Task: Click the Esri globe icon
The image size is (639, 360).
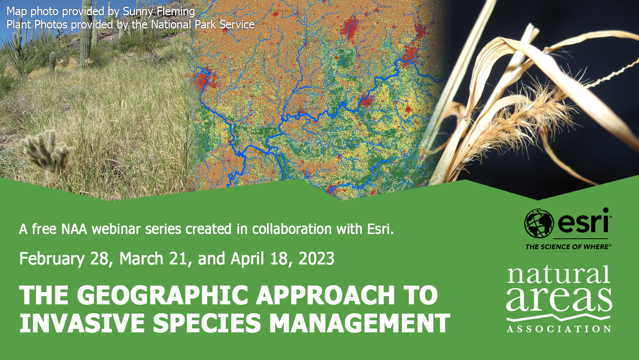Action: [x=539, y=223]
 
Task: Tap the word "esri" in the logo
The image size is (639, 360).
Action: [x=583, y=221]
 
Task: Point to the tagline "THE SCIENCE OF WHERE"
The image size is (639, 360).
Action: [x=568, y=247]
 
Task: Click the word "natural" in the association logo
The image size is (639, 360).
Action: [x=558, y=274]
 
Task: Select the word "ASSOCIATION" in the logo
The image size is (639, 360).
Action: [x=559, y=329]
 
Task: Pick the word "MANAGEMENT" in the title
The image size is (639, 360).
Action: [x=360, y=323]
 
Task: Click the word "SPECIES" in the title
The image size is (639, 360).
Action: [x=207, y=323]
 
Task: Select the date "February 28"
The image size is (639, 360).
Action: [x=64, y=259]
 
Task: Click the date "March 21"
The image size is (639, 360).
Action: [x=154, y=259]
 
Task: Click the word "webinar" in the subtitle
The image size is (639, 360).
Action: [x=117, y=229]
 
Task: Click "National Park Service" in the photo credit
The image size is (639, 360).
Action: [x=203, y=25]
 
